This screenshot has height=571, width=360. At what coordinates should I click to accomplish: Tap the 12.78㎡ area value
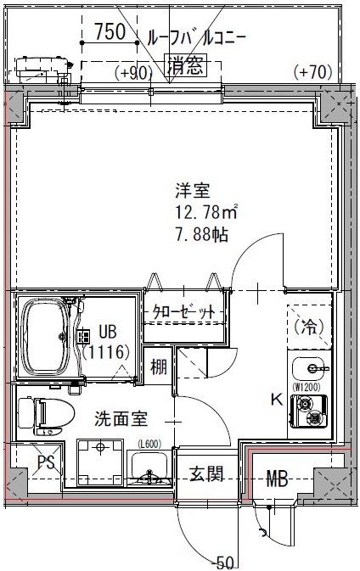click(x=206, y=213)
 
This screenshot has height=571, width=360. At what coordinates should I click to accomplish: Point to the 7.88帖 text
click(x=201, y=235)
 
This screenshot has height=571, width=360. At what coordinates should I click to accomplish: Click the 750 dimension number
click(x=110, y=34)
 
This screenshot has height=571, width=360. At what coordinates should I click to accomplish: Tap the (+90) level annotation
click(x=134, y=73)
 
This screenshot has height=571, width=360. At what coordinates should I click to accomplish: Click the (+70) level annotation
click(x=312, y=73)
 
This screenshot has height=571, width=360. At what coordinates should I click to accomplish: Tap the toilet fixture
click(x=41, y=417)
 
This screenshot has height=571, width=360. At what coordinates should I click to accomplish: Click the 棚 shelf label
click(x=158, y=368)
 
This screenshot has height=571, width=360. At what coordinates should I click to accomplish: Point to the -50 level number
click(x=224, y=561)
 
